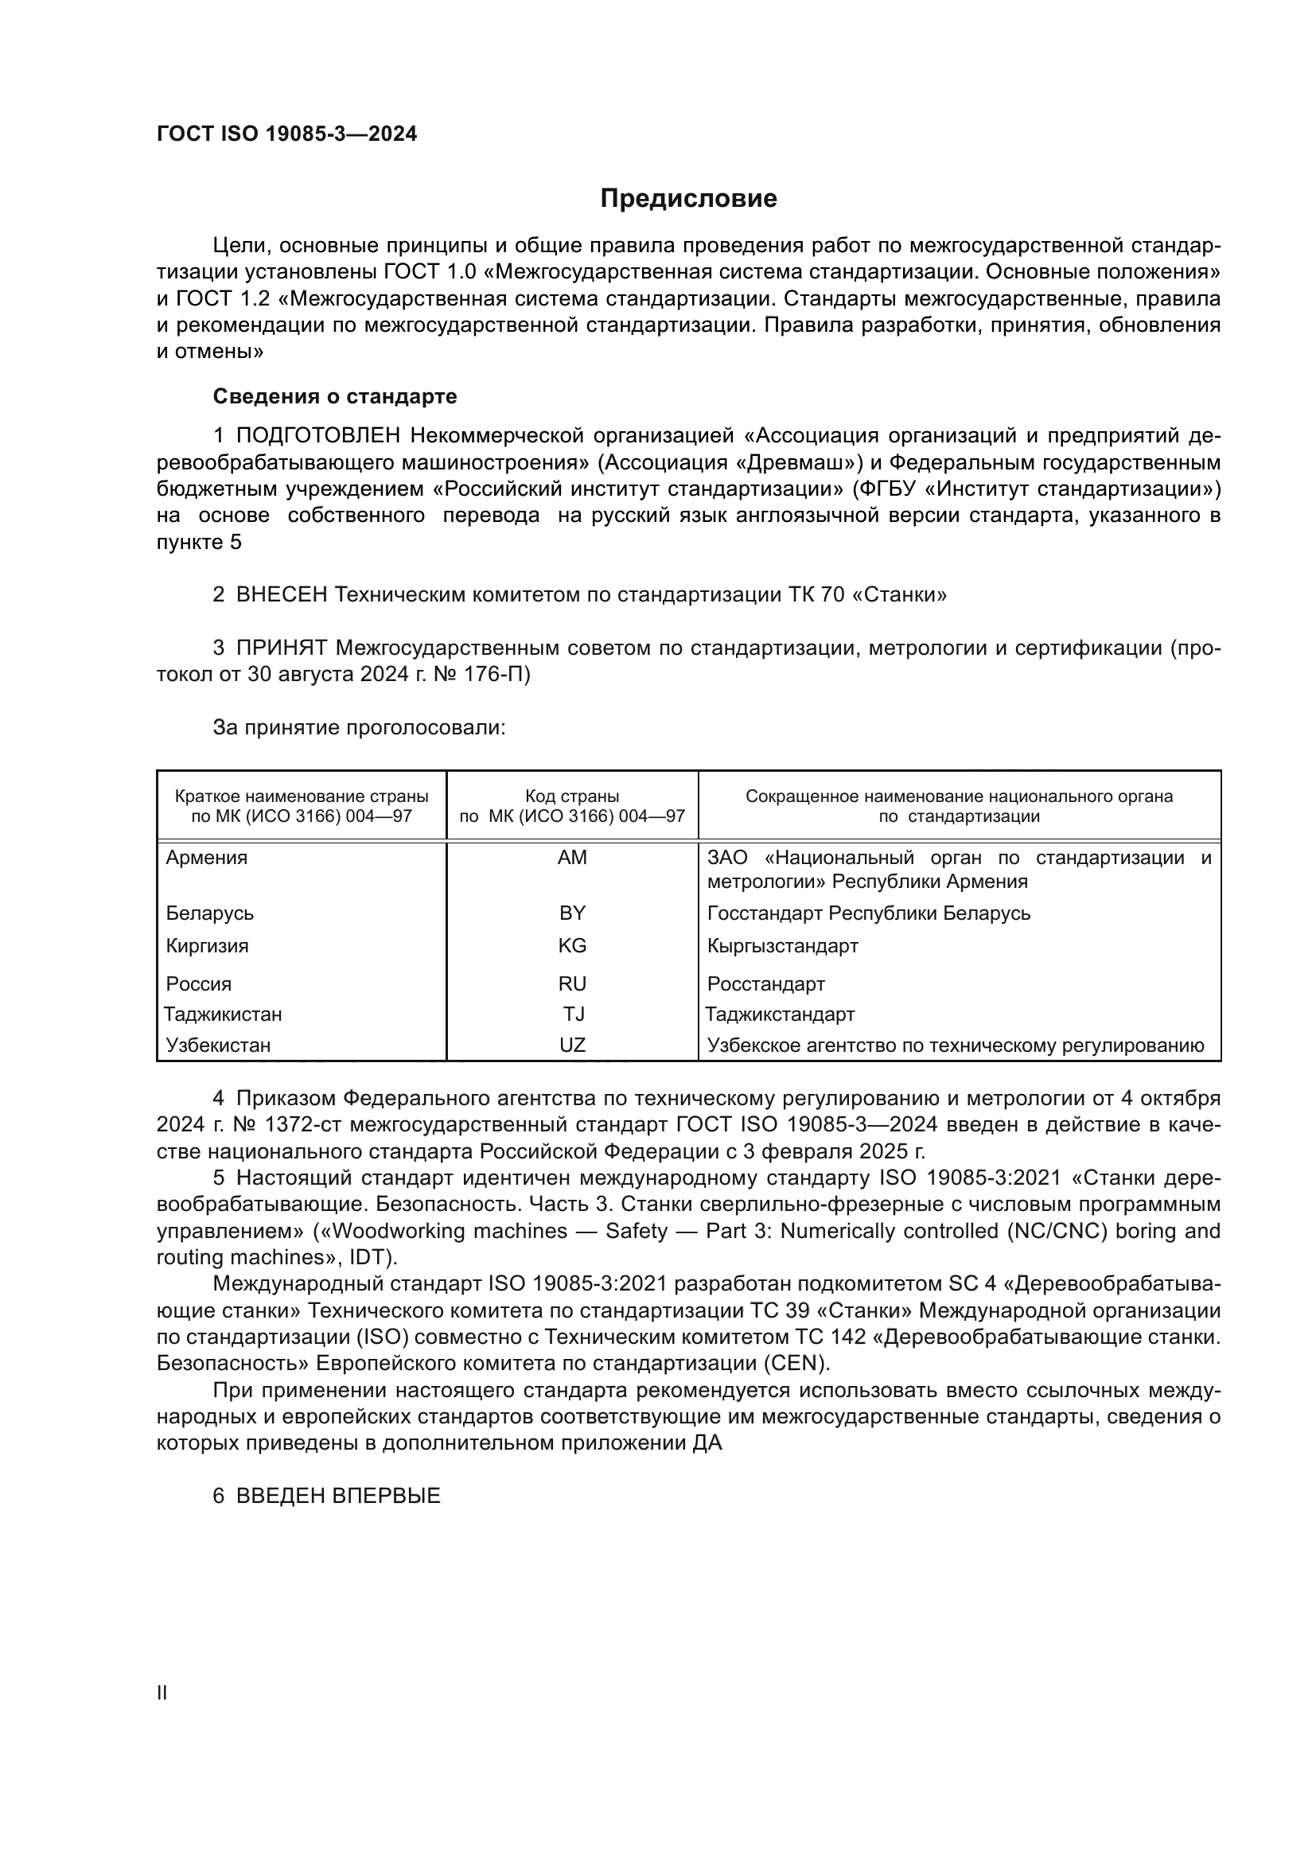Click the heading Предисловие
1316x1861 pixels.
[x=688, y=199]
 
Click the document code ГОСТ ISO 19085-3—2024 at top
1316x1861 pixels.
[x=287, y=134]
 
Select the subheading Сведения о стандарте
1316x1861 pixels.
[x=335, y=396]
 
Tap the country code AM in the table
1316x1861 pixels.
[x=572, y=858]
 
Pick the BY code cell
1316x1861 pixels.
[x=572, y=913]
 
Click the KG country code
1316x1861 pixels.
[x=572, y=946]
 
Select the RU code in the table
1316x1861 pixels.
[x=572, y=984]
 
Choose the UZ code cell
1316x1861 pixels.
[x=572, y=1045]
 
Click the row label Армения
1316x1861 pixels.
[x=207, y=858]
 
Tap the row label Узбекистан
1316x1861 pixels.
[x=218, y=1045]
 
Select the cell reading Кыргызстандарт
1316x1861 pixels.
[x=782, y=946]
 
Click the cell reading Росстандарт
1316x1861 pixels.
[x=765, y=984]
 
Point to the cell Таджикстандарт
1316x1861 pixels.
[x=780, y=1014]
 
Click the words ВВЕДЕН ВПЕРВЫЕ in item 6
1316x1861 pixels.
[x=338, y=1497]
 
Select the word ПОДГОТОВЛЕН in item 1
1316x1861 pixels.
[x=318, y=436]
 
